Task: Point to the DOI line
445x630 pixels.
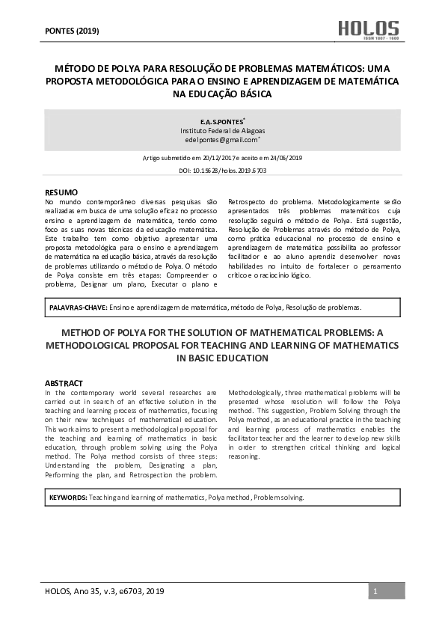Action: [223, 171]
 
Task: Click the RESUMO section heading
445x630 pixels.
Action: [61, 193]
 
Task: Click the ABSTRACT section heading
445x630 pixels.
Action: [64, 383]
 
